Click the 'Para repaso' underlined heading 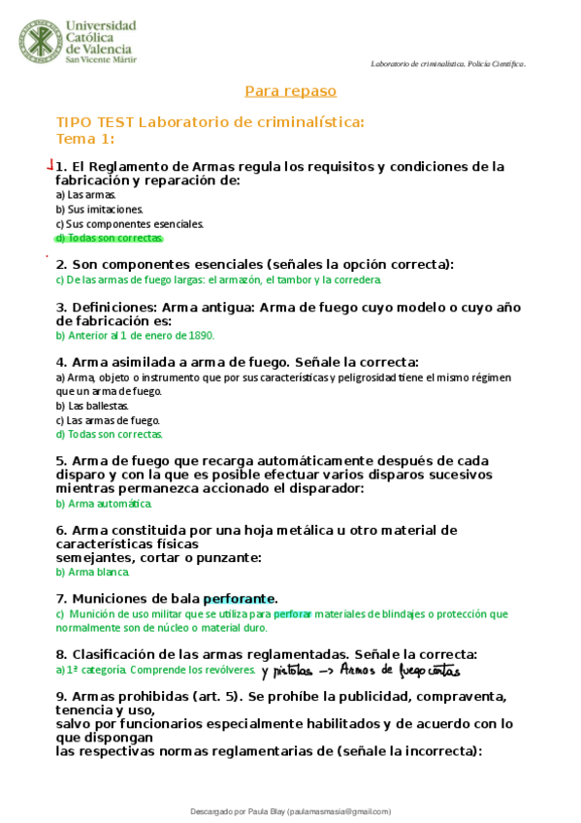click(290, 91)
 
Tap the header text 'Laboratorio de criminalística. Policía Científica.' click(448, 64)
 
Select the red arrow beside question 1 click(50, 166)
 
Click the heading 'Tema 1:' click(85, 138)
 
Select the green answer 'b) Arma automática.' click(104, 504)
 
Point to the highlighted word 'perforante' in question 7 click(240, 599)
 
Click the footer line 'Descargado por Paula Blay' click(290, 810)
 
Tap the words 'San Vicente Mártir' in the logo click(101, 59)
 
